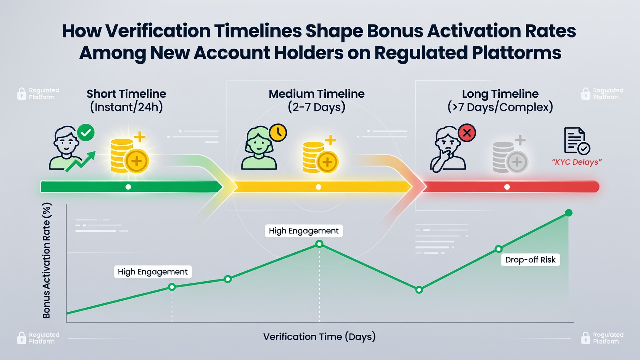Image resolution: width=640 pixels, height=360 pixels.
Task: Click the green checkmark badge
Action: [86, 132]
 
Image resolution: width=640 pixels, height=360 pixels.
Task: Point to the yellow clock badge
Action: [278, 133]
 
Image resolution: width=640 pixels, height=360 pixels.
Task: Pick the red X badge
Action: [467, 133]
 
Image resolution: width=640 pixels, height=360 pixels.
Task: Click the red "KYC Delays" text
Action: [577, 162]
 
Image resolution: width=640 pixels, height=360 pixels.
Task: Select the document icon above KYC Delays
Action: [577, 141]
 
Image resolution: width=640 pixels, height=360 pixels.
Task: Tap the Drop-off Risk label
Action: [530, 260]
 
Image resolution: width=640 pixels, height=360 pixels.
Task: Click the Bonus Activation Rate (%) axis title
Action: [46, 260]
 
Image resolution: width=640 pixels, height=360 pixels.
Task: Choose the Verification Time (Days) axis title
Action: [319, 337]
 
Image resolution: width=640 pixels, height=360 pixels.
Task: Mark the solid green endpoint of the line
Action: [569, 213]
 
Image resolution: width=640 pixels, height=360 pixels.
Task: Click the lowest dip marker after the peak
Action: [419, 290]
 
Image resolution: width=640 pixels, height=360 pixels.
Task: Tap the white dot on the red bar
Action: [507, 187]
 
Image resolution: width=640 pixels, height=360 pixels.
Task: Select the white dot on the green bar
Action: [128, 187]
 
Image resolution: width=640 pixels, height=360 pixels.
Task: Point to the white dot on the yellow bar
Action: [318, 187]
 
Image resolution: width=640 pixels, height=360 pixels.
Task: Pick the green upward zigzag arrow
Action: [80, 162]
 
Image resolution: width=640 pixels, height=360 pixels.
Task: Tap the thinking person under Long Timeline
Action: [448, 149]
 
